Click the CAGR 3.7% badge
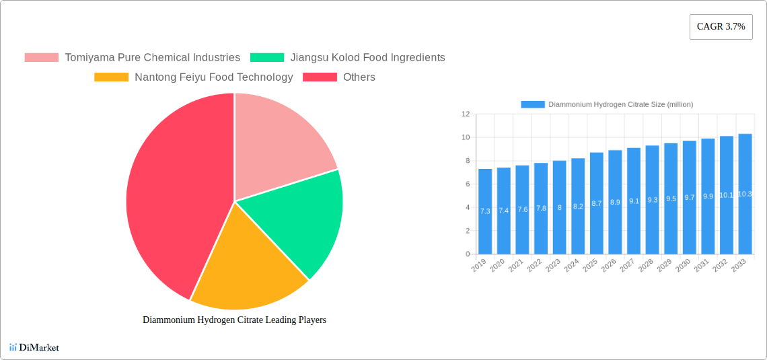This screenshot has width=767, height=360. (721, 27)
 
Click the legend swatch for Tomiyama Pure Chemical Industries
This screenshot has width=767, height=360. (41, 58)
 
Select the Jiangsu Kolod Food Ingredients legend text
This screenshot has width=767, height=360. (367, 58)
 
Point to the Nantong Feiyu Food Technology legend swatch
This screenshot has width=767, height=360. (111, 77)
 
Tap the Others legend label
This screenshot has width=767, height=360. (359, 77)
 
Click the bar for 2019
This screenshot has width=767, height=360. (485, 211)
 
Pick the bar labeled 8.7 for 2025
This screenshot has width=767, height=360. (596, 203)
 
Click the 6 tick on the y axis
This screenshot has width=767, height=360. (466, 184)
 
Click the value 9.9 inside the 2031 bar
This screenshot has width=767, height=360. (708, 196)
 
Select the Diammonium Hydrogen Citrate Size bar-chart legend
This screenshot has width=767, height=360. (607, 104)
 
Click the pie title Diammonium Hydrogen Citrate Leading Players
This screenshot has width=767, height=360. (234, 320)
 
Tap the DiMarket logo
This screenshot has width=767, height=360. (34, 348)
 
